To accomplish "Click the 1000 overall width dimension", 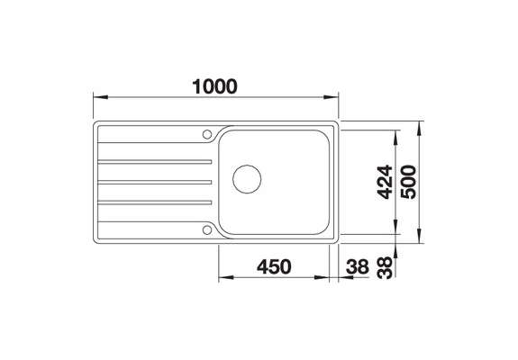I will coord(215,86).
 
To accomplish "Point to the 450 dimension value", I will coord(273,265).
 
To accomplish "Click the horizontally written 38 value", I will coord(358,265).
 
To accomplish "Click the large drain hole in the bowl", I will coord(246,178).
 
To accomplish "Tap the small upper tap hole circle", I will coord(208,135).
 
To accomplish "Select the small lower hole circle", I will coord(208,229).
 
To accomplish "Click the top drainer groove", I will coord(158,160).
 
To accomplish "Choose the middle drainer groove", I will coord(158,182).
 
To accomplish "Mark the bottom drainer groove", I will coord(158,203).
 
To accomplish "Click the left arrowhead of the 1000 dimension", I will coord(100,97).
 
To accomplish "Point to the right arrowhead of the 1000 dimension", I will coord(332,97).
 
